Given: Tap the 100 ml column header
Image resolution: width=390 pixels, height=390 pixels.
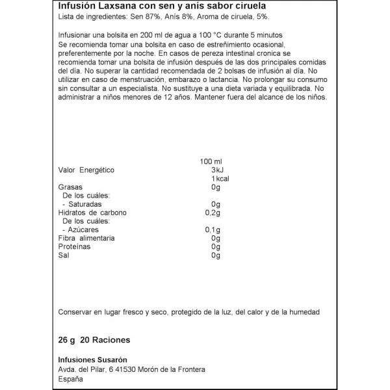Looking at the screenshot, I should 209,160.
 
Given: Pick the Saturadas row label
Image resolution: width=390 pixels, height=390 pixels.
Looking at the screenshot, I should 84,204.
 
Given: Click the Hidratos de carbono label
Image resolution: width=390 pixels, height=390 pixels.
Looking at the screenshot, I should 92,213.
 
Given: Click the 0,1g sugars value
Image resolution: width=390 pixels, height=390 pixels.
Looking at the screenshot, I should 211,230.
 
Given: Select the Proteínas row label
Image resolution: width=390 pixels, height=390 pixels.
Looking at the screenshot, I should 74,247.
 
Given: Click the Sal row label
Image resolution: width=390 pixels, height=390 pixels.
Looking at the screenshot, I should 64,256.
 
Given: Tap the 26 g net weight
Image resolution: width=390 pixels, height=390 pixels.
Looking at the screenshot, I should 68,339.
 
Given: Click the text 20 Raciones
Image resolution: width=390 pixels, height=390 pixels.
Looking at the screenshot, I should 109,339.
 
